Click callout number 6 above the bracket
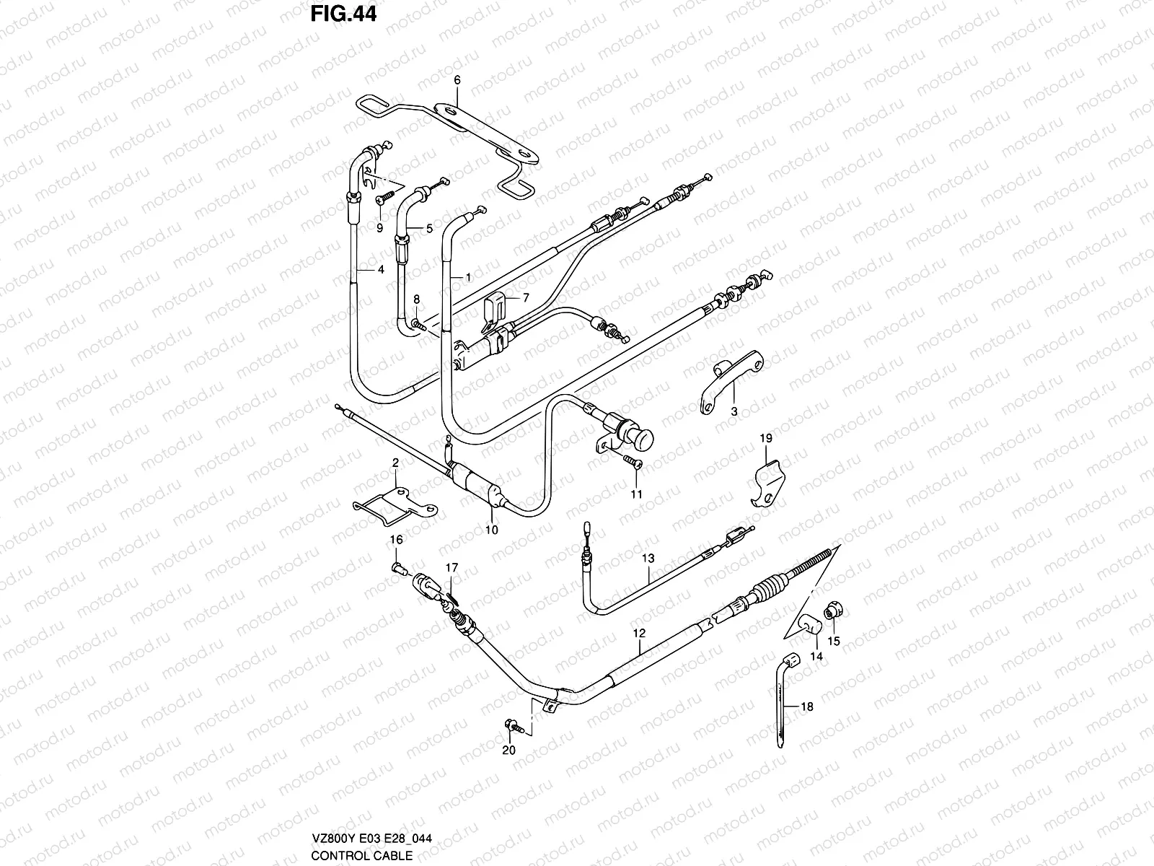point(457,81)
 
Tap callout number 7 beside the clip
point(525,297)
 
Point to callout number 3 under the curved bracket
point(734,412)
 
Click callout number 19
point(765,438)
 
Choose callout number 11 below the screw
point(635,494)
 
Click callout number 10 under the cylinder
point(492,529)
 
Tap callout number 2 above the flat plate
point(395,463)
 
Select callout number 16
point(397,539)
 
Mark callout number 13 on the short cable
point(648,558)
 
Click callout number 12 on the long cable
point(639,633)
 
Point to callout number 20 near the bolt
point(510,751)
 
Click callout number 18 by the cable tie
point(806,707)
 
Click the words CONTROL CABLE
point(361,856)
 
